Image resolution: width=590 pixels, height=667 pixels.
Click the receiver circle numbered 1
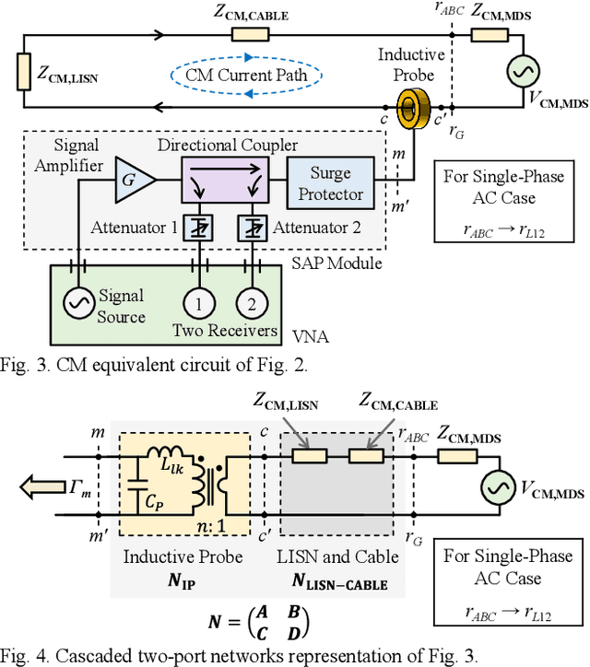195,303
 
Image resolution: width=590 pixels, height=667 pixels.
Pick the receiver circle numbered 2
248,303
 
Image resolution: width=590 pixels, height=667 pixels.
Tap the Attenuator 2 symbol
246,227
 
